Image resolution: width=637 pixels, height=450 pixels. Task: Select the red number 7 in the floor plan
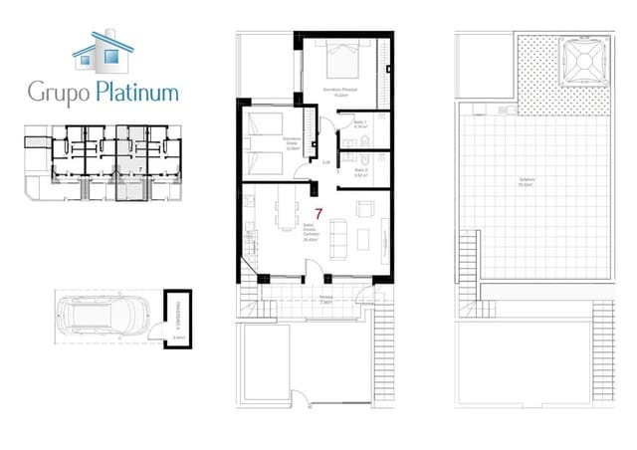coord(318,213)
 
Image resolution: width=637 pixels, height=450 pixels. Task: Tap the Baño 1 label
coord(360,123)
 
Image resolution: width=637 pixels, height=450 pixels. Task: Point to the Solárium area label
coord(527,182)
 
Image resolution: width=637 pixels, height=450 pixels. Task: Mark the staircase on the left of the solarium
coord(468,263)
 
